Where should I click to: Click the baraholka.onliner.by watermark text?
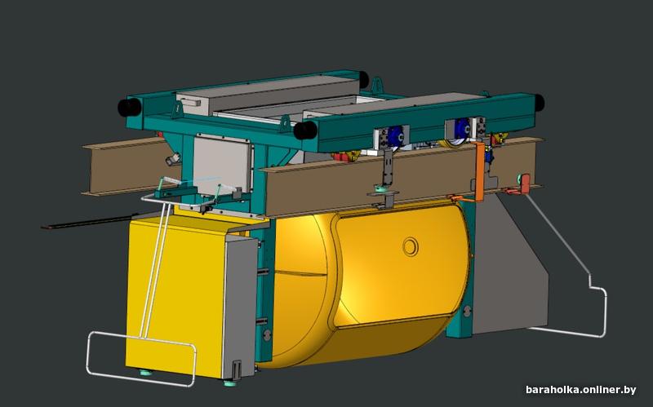pos(580,390)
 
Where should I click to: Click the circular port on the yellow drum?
pos(411,246)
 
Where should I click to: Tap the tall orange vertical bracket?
pos(479,171)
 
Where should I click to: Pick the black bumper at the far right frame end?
pos(539,103)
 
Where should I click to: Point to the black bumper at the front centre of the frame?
pos(305,131)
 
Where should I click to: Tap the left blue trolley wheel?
pos(395,136)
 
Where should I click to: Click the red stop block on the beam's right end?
pos(525,183)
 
